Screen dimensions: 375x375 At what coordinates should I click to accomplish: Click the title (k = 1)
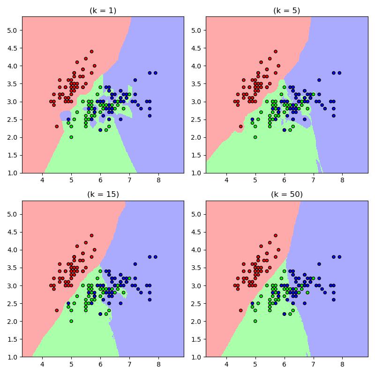point(103,11)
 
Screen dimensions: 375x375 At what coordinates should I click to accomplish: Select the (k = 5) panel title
point(286,11)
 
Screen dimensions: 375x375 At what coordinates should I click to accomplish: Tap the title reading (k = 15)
point(103,195)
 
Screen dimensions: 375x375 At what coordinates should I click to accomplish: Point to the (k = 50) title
point(287,195)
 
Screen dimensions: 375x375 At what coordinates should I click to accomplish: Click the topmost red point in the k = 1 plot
point(91,52)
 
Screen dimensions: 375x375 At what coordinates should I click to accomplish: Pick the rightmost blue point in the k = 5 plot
point(339,73)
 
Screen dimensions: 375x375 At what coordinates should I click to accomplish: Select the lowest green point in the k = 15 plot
point(71,321)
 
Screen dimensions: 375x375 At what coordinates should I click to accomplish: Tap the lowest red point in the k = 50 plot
point(240,310)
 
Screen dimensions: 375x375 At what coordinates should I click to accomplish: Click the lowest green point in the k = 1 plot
point(71,137)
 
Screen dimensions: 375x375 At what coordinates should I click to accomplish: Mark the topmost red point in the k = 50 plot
point(276,236)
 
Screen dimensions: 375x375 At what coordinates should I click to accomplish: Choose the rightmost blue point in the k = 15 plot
point(156,257)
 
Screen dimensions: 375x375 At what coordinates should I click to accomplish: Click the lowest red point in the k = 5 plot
point(240,127)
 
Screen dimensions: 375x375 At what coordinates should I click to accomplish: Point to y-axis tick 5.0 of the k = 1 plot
point(12,30)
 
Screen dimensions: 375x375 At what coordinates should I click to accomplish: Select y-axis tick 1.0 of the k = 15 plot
point(12,357)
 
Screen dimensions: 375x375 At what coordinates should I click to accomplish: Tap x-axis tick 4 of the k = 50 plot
point(226,364)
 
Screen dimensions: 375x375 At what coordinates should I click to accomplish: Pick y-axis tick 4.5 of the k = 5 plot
point(196,48)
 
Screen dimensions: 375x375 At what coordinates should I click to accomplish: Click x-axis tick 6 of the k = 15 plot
point(100,364)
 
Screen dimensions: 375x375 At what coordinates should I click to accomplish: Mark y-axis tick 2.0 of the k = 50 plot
point(196,322)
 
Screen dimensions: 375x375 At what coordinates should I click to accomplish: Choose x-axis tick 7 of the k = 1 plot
point(129,180)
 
